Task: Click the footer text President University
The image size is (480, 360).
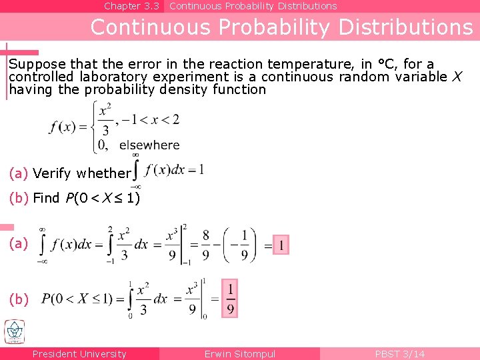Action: click(79, 354)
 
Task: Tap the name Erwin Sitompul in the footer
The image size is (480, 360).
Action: click(239, 354)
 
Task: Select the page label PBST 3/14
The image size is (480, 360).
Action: click(399, 354)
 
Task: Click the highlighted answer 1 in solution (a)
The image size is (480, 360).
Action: click(281, 246)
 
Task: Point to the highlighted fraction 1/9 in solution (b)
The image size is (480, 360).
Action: click(230, 298)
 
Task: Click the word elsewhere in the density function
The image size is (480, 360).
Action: click(149, 145)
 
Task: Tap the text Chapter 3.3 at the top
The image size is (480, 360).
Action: click(131, 6)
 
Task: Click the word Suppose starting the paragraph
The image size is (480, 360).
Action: click(37, 65)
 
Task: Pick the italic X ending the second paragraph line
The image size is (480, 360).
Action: click(457, 77)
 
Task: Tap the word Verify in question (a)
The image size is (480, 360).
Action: click(51, 173)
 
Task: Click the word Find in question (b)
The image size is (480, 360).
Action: click(46, 198)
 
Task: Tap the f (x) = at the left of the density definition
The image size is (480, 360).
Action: click(69, 127)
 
